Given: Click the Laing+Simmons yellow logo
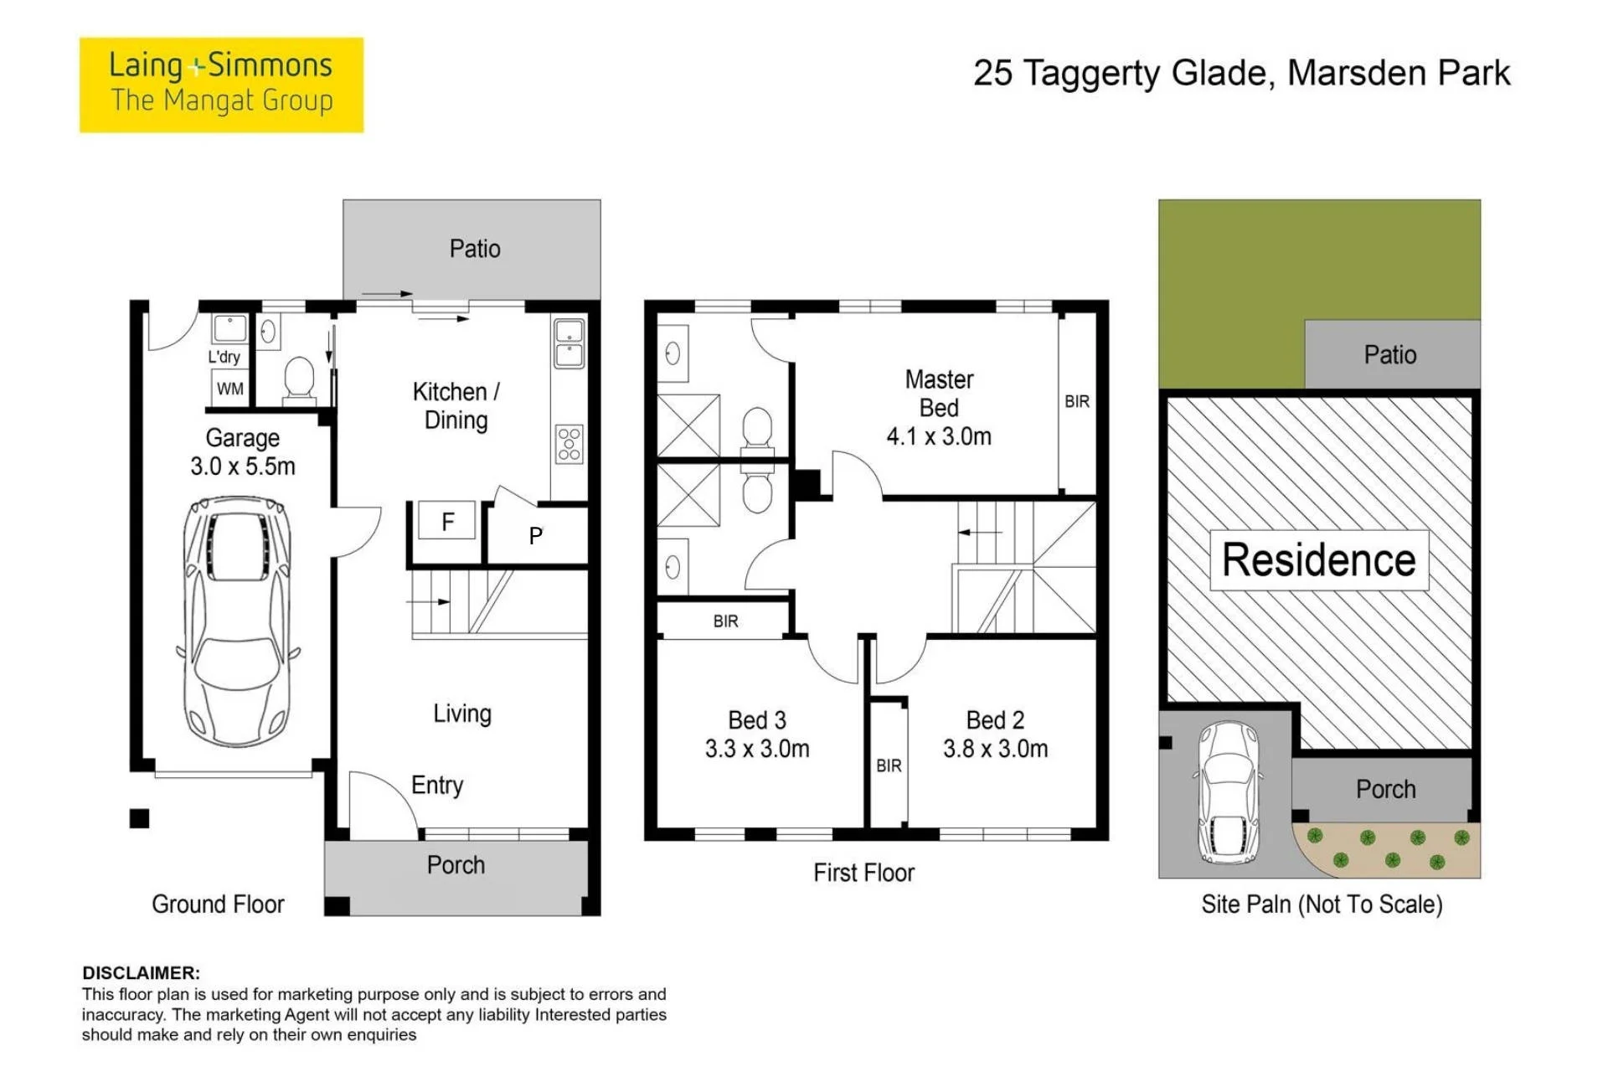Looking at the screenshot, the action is click(x=221, y=85).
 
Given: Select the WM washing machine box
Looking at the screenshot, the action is click(x=230, y=389).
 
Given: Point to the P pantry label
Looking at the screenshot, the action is click(x=536, y=535).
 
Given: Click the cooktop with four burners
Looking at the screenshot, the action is click(x=569, y=444).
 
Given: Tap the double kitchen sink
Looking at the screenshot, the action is click(x=569, y=343).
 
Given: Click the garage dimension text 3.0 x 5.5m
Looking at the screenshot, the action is click(x=243, y=466).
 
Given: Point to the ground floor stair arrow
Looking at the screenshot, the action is click(x=429, y=601).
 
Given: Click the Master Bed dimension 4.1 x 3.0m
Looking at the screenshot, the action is click(x=939, y=436).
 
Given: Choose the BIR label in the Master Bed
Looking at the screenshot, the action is click(x=1077, y=402).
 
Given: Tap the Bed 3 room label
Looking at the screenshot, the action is click(x=757, y=720).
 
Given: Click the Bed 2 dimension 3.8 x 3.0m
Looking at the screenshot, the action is click(x=995, y=749).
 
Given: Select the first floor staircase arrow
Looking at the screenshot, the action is click(x=980, y=532).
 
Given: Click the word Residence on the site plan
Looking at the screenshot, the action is click(x=1319, y=559).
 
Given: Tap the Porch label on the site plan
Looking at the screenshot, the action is click(x=1386, y=789).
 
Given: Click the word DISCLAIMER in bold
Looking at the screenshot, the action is click(x=142, y=973).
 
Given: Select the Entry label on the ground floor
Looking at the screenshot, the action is click(x=437, y=786).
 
